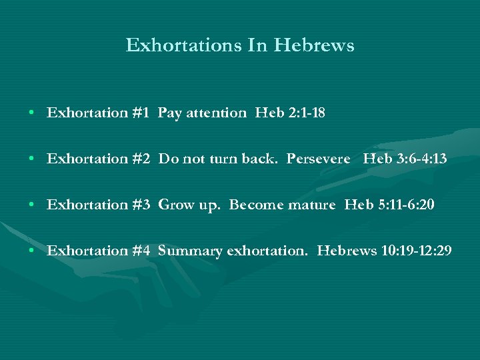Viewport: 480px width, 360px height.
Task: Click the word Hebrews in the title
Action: (x=315, y=45)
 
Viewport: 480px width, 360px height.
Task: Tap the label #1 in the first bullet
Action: (x=141, y=113)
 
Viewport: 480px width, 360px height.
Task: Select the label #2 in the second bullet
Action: (x=141, y=159)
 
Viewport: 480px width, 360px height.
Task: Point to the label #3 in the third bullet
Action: (x=141, y=205)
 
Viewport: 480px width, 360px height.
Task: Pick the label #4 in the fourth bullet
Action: (x=141, y=251)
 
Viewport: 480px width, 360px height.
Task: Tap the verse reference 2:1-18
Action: (x=307, y=113)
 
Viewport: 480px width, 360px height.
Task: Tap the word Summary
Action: (x=190, y=251)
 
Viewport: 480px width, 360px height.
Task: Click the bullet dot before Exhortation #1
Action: (x=32, y=113)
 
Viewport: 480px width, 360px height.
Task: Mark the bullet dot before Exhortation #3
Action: (x=32, y=205)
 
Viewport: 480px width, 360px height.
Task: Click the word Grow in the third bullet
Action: (x=173, y=205)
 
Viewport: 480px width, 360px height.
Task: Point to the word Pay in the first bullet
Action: (x=169, y=113)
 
